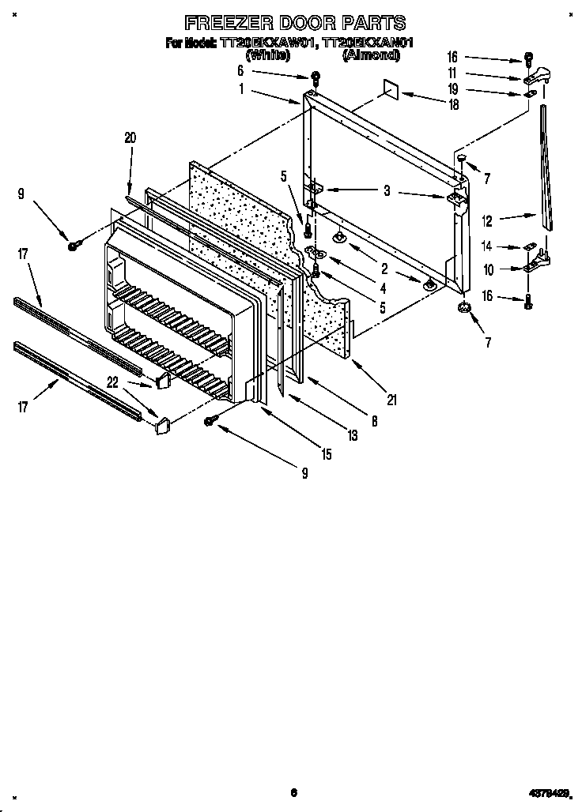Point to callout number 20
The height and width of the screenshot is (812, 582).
[130, 137]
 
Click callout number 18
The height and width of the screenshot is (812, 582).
[453, 103]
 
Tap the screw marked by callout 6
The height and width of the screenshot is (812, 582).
[316, 77]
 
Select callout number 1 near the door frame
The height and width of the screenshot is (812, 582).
[240, 89]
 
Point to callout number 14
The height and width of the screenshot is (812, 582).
[488, 246]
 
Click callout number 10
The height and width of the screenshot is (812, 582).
[488, 270]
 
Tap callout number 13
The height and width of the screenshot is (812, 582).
[351, 435]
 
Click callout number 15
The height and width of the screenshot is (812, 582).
[326, 454]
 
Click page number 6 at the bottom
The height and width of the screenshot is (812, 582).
[293, 792]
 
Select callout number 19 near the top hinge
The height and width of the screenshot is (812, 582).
[452, 89]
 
